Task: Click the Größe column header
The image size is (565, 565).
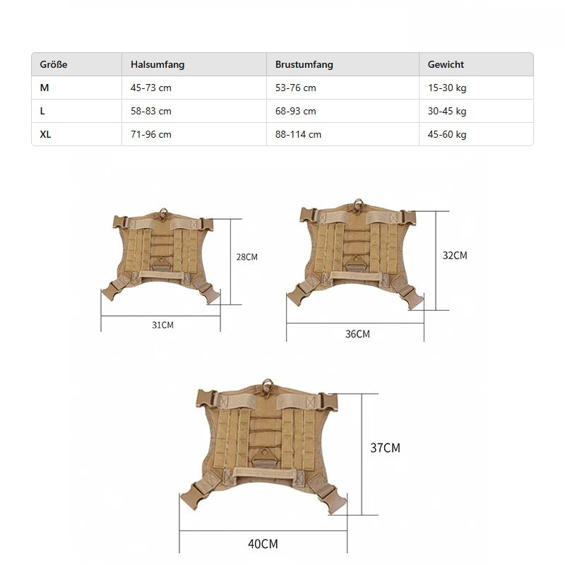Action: click(54, 64)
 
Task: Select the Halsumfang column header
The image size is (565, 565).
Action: click(157, 64)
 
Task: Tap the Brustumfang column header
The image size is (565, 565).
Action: click(304, 64)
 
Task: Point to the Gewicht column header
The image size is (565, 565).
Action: click(446, 64)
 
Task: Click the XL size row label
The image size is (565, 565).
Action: click(45, 134)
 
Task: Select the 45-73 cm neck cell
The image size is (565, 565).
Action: click(151, 88)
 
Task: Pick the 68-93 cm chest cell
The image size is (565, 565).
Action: click(295, 111)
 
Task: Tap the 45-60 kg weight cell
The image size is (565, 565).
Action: click(447, 134)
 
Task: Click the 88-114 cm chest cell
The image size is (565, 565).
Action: click(298, 134)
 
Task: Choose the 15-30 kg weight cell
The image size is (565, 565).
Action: click(447, 88)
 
